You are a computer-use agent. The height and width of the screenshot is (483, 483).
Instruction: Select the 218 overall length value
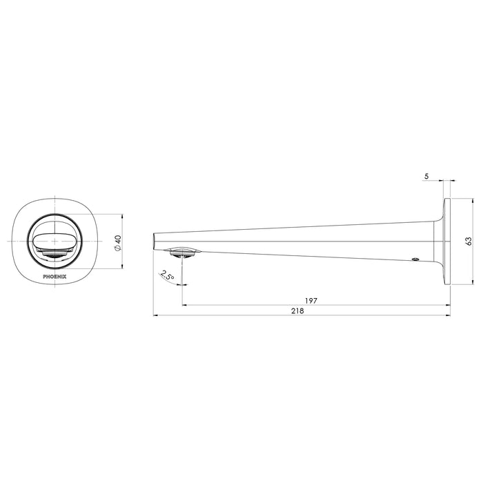point(299,312)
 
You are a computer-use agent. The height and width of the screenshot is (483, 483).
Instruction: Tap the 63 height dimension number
point(469,241)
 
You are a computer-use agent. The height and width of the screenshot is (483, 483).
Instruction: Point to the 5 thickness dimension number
point(426,177)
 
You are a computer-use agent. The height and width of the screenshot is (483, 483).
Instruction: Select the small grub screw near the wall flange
point(415,260)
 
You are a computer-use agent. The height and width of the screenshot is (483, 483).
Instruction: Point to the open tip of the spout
point(153,241)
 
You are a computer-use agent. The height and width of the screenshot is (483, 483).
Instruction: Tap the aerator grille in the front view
point(53,256)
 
